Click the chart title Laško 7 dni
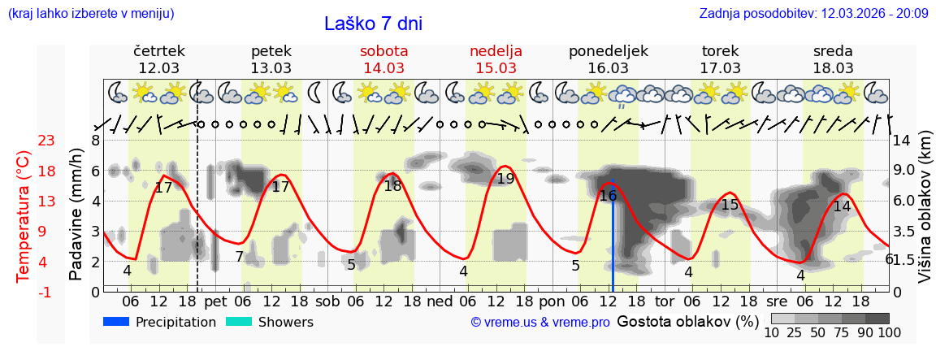(373, 24)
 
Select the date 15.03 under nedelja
(496, 68)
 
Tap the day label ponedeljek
(608, 51)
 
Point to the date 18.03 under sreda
(833, 68)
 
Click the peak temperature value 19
(505, 179)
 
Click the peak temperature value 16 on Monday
(608, 196)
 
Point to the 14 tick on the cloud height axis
(903, 141)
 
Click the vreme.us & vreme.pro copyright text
(540, 323)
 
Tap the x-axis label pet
(215, 301)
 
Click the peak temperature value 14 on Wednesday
(842, 206)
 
